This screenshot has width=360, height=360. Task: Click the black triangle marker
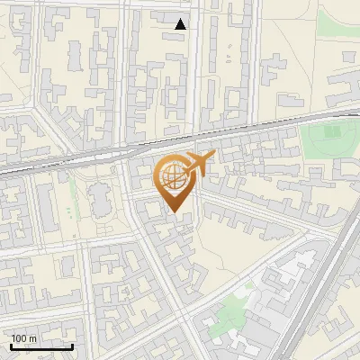click(x=181, y=24)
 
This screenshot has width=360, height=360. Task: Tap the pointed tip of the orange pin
click(x=175, y=212)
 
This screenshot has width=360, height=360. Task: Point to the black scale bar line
click(x=41, y=346)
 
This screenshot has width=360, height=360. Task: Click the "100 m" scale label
click(x=23, y=338)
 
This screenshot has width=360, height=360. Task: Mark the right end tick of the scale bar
click(x=73, y=345)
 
